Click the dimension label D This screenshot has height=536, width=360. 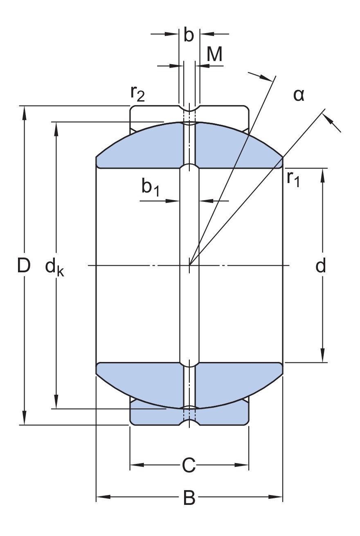click(x=24, y=265)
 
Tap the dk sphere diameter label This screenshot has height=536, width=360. click(x=55, y=268)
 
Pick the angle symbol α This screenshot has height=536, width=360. click(x=299, y=95)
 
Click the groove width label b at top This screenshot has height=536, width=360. click(x=189, y=35)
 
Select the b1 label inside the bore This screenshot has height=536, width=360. click(x=151, y=187)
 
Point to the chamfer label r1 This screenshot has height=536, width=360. click(x=293, y=179)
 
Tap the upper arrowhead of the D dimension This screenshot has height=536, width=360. click(x=24, y=113)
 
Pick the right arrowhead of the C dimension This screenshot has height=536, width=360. click(x=242, y=465)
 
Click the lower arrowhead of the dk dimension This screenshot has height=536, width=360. click(x=56, y=402)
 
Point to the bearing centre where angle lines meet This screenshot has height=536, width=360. click(x=189, y=265)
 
